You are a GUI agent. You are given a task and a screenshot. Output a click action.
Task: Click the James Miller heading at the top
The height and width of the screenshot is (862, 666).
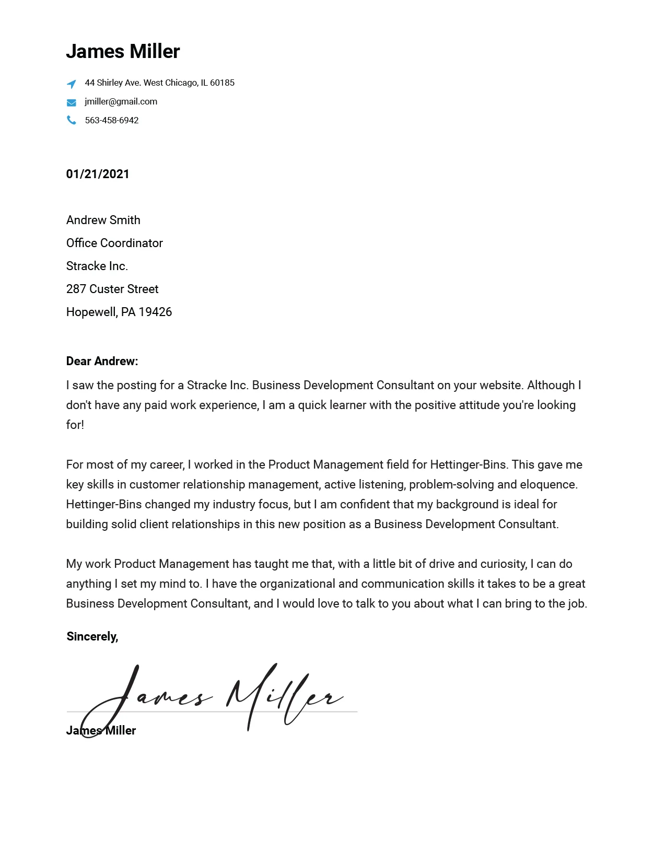(123, 52)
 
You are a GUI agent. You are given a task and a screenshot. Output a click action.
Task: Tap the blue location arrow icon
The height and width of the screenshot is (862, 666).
(72, 84)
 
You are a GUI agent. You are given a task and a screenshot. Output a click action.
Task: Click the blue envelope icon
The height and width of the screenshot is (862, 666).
(72, 102)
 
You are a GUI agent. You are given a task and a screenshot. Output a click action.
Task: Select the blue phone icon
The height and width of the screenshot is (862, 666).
(72, 121)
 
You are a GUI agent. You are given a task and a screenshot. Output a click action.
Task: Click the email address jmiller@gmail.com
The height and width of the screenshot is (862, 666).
(121, 101)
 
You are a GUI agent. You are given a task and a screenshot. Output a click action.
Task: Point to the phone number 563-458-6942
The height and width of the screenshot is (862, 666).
(112, 120)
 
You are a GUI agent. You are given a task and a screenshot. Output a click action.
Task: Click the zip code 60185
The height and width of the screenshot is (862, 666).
(222, 83)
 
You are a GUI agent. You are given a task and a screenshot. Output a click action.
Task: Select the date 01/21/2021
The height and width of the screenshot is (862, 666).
(98, 174)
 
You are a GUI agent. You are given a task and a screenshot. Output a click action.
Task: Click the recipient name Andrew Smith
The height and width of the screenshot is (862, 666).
(103, 220)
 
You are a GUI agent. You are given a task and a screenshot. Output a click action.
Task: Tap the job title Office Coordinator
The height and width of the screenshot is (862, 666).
(114, 243)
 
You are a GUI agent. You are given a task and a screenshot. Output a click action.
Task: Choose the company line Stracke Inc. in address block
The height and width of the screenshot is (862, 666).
(97, 266)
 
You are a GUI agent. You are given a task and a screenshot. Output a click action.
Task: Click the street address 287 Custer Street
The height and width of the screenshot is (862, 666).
(112, 289)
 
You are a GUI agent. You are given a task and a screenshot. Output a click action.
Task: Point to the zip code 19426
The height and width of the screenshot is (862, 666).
(155, 312)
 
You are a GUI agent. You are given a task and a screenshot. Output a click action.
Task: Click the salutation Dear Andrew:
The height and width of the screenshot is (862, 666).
(102, 361)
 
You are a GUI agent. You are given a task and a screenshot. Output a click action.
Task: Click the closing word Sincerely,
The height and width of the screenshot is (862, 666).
(92, 636)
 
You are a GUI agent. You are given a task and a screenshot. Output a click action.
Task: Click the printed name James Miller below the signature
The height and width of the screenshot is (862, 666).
(101, 730)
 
